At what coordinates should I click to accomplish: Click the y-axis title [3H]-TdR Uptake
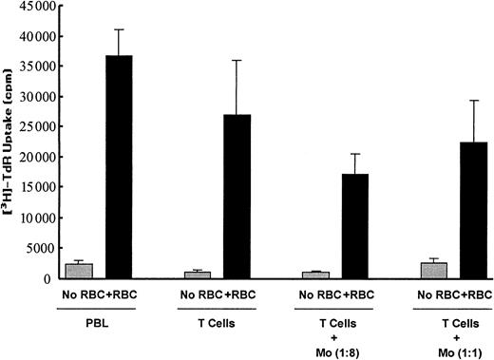coord(9,142)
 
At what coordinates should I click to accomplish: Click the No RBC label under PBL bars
coord(82,295)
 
